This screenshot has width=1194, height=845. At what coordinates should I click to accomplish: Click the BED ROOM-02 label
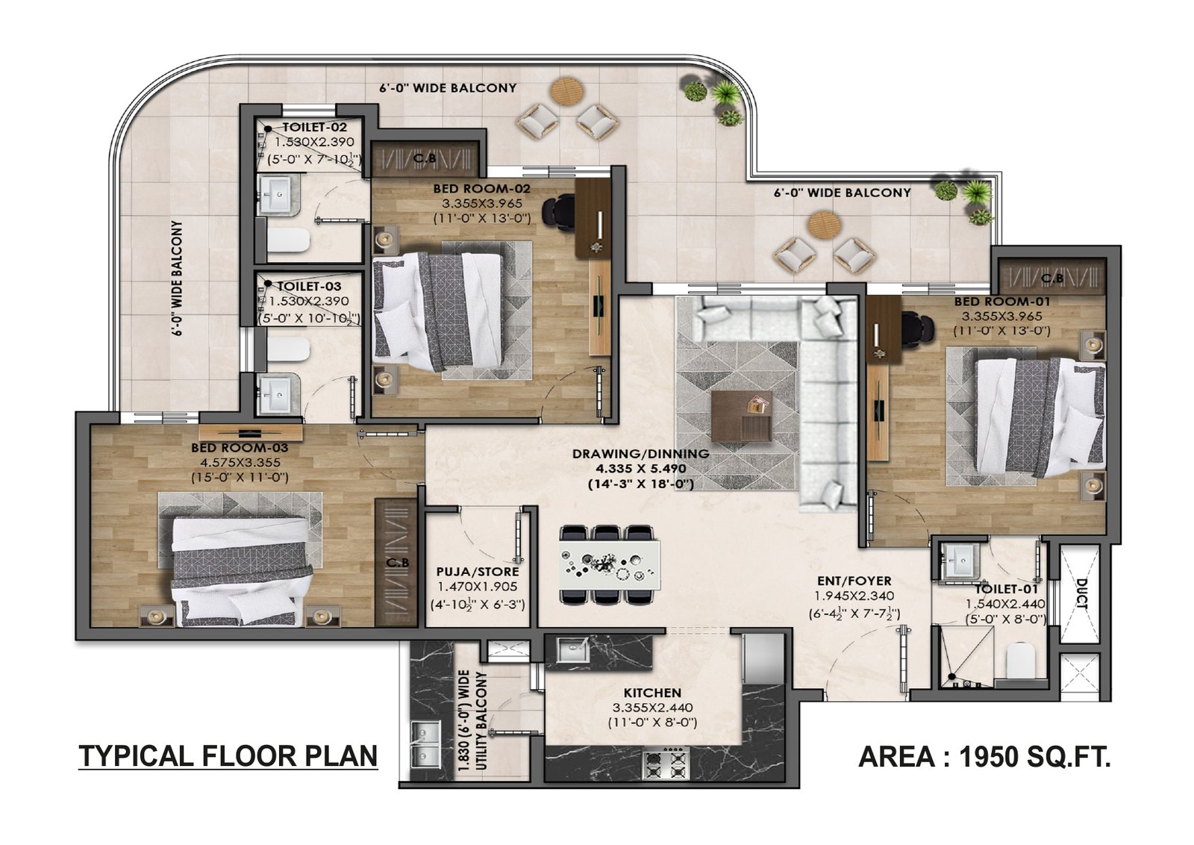pos(481,189)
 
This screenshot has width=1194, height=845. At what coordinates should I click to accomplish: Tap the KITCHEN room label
pos(652,693)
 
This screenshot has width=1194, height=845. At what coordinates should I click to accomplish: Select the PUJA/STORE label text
pos(478,572)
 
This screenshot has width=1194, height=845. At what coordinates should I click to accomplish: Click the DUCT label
pos(1081,594)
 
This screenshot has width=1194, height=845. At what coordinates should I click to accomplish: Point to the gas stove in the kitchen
pos(665,764)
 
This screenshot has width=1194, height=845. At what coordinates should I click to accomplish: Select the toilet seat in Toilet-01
pos(1020,661)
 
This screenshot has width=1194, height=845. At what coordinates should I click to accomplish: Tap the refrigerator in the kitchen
pos(763,657)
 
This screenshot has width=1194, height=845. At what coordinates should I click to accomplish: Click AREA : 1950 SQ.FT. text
pos(984,757)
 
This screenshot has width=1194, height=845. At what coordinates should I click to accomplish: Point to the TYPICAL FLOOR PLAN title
pos(228,755)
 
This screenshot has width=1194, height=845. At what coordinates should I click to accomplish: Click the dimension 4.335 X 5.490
pos(640,469)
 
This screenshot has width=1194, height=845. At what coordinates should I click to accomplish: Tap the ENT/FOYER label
pos(853,581)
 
